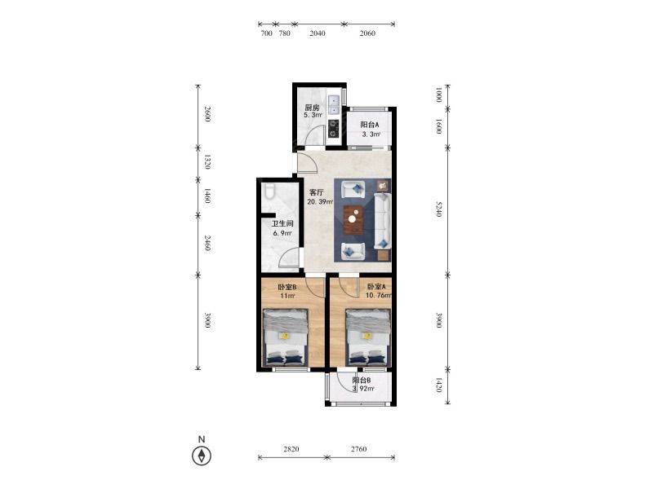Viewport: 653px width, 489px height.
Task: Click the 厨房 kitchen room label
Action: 312,108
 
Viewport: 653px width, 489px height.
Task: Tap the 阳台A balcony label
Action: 370,125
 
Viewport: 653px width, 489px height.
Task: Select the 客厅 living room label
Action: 317,192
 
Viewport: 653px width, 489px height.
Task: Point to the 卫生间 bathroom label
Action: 282,223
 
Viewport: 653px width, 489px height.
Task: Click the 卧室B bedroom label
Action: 287,287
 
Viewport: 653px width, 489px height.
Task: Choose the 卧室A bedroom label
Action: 376,287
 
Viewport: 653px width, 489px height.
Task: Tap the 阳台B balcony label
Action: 362,380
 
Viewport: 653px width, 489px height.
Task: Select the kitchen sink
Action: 334,105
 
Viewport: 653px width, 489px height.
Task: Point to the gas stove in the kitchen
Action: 334,128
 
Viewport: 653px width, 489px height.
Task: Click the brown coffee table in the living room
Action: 353,218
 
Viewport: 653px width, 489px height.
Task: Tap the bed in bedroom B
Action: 286,337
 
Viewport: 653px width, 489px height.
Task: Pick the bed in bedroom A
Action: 368,337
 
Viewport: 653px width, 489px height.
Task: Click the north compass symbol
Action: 202,456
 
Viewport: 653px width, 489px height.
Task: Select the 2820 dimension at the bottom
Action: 291,449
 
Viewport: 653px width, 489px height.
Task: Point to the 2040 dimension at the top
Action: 318,33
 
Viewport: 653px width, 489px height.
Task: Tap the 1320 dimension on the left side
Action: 207,161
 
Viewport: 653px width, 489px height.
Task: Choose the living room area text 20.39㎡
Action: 320,202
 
